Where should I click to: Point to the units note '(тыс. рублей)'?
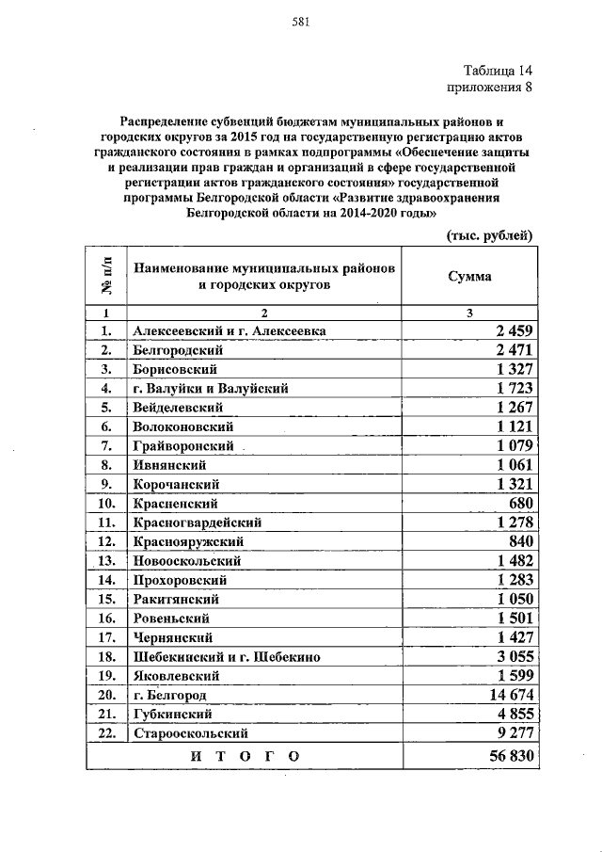coord(490,234)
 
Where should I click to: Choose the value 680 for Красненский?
coord(520,503)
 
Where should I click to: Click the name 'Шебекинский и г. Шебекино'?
coord(228,656)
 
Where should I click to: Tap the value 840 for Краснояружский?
coord(520,541)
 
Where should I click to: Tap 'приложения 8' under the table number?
coord(489,88)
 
